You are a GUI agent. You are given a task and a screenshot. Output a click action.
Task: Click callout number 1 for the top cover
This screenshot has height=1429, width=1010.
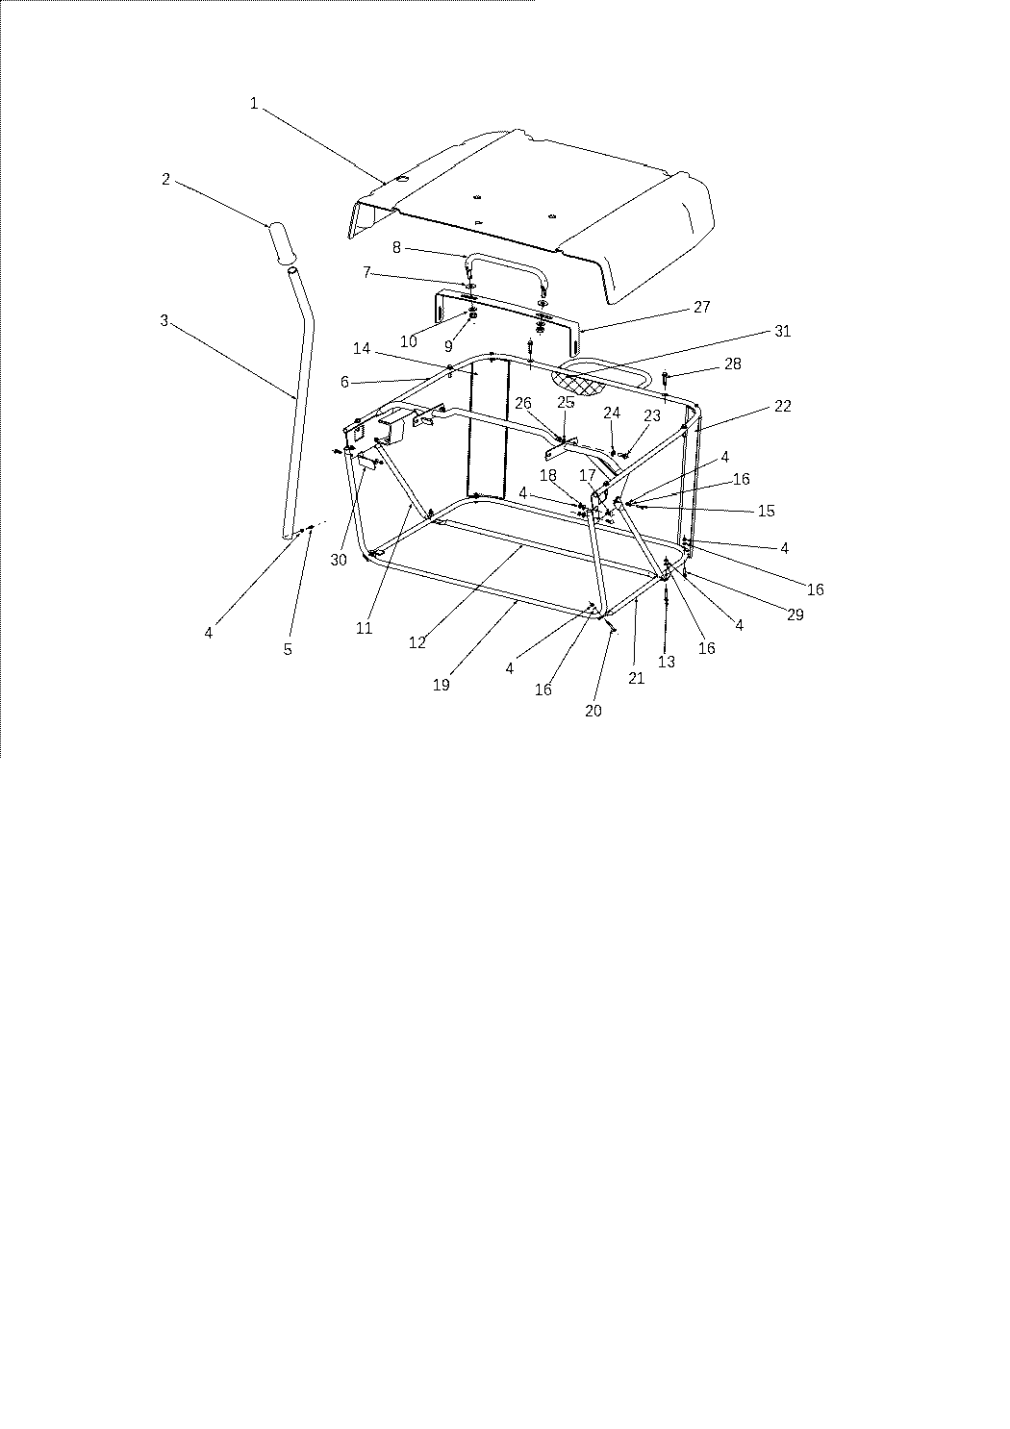tap(254, 103)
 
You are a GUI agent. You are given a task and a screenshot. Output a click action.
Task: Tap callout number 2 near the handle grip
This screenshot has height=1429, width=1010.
tap(165, 179)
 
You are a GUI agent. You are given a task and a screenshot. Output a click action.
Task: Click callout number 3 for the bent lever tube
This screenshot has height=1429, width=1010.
tap(164, 320)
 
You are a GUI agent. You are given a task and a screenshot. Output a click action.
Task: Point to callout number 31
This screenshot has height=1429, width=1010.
tap(782, 331)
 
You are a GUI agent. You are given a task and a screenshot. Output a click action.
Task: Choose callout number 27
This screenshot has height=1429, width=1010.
tap(702, 307)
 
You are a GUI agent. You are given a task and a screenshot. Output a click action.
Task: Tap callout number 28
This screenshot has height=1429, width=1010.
tap(733, 364)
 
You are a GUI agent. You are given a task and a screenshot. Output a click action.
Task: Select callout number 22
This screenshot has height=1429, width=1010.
tap(782, 406)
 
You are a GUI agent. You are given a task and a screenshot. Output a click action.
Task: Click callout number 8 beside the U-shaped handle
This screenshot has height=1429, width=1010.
tap(396, 247)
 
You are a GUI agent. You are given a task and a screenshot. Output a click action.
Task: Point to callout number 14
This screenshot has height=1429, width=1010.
tap(362, 348)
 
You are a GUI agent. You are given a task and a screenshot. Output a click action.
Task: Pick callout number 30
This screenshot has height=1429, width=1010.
tap(339, 560)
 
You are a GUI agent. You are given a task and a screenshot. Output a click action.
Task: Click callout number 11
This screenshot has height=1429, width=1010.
tap(364, 628)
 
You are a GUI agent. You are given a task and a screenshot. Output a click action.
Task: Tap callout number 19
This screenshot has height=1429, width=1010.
tap(442, 685)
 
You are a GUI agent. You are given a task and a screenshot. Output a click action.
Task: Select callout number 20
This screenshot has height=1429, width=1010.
tap(593, 711)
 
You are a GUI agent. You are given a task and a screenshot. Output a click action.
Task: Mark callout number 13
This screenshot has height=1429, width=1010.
tap(666, 663)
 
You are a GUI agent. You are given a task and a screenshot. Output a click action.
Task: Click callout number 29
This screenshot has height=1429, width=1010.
tap(795, 614)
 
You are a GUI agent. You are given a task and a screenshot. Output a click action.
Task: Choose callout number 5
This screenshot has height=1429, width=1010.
tap(288, 649)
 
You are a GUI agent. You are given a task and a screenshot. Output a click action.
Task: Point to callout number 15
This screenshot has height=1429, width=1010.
tap(767, 511)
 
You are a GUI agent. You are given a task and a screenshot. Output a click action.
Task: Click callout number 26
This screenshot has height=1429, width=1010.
tap(523, 403)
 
